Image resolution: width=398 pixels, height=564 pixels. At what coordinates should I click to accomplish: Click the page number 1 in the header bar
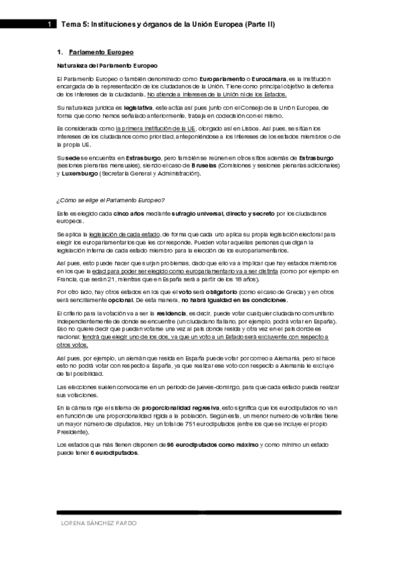(x=50, y=24)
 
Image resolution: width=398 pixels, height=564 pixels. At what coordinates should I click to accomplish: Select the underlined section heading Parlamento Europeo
(x=101, y=52)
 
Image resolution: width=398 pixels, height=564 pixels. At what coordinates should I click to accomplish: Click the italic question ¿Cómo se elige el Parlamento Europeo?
(x=111, y=200)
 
